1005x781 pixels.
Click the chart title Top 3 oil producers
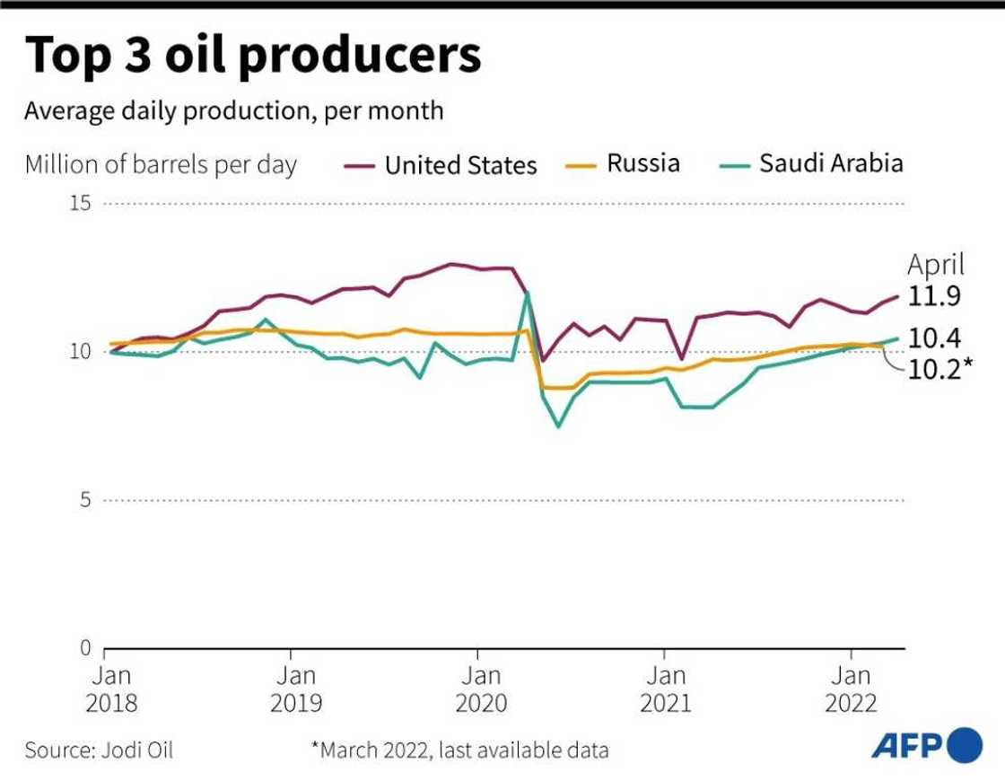[x=253, y=56]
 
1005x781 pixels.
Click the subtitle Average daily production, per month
[x=234, y=111]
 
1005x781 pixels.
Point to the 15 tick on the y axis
[x=81, y=204]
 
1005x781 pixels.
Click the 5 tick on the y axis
[x=86, y=500]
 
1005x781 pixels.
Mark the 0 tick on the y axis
[x=86, y=647]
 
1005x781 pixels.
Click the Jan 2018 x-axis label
[x=111, y=689]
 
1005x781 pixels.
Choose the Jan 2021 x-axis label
[x=665, y=689]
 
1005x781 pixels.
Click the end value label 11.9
[x=935, y=296]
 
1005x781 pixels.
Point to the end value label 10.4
[x=935, y=338]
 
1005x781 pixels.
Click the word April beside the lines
[x=936, y=265]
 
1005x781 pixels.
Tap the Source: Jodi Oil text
[x=99, y=750]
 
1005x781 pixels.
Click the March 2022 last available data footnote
[x=459, y=750]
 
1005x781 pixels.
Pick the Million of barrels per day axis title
[x=161, y=165]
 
